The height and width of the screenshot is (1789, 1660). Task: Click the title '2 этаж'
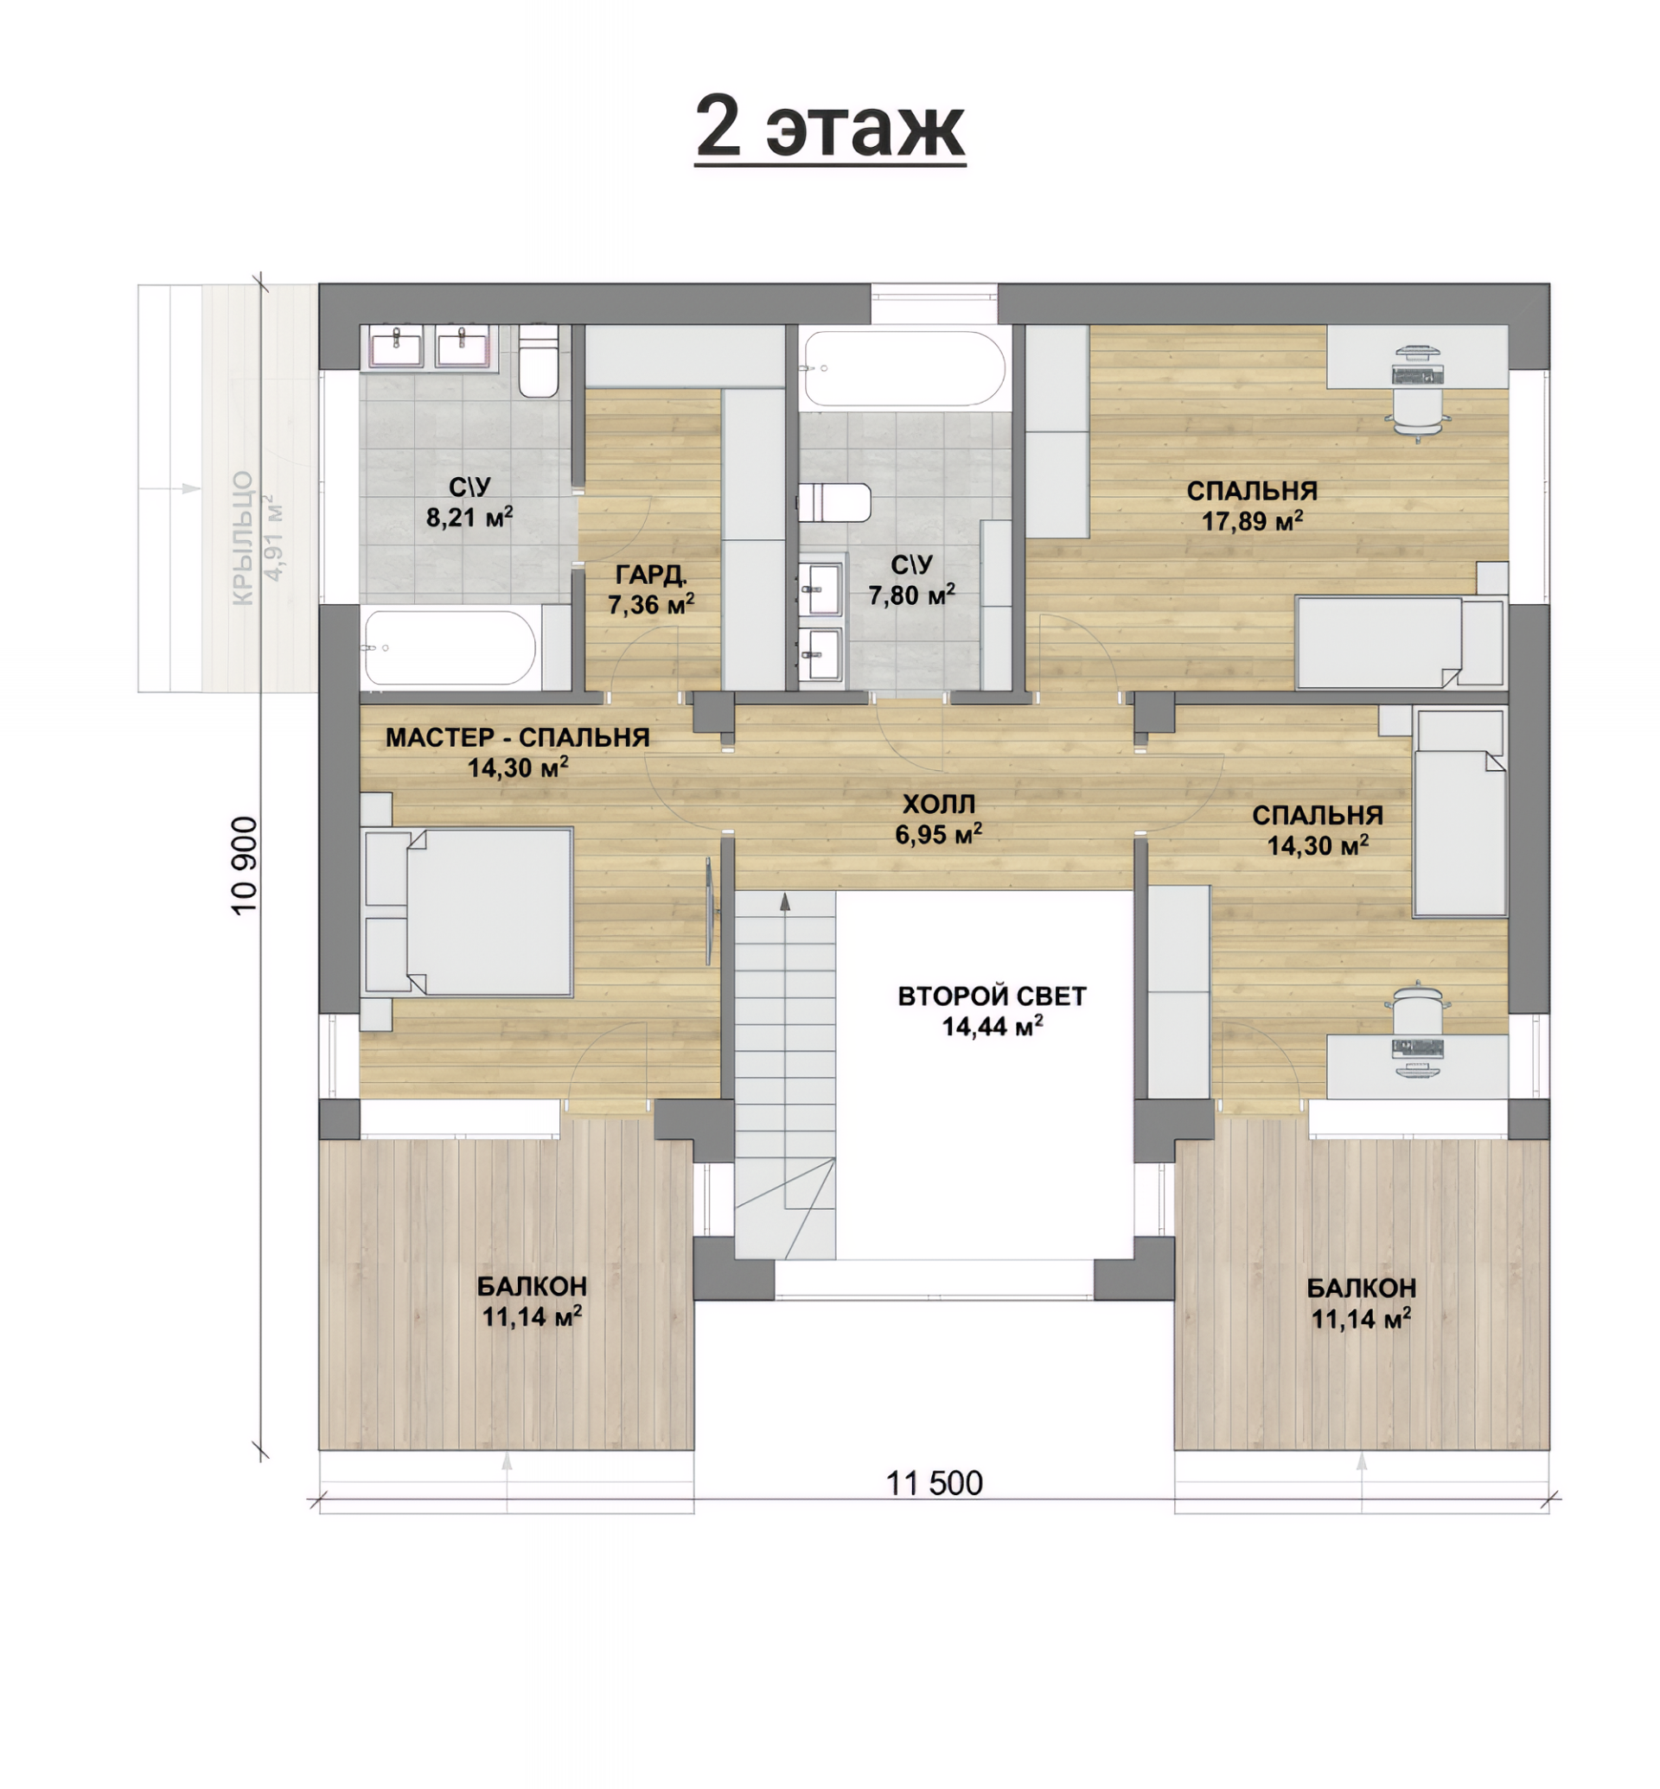point(830,127)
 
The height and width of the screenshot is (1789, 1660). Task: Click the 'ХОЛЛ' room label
point(938,804)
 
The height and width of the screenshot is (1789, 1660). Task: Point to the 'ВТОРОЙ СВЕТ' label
point(992,996)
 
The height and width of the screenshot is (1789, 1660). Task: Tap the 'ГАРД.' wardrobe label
point(650,574)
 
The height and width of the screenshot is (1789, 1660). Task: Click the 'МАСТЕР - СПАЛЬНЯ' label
point(517,737)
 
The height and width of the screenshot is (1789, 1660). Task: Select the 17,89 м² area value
point(1252,521)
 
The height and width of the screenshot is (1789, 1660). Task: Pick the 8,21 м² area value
point(469,517)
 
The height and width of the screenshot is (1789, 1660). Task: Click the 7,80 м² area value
point(911,595)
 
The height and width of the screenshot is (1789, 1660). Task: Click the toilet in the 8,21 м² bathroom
point(539,361)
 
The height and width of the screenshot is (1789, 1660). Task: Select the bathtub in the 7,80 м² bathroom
point(904,368)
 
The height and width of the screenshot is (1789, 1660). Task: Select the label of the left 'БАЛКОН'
point(532,1286)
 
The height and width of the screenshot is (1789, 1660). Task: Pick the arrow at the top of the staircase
point(785,902)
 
